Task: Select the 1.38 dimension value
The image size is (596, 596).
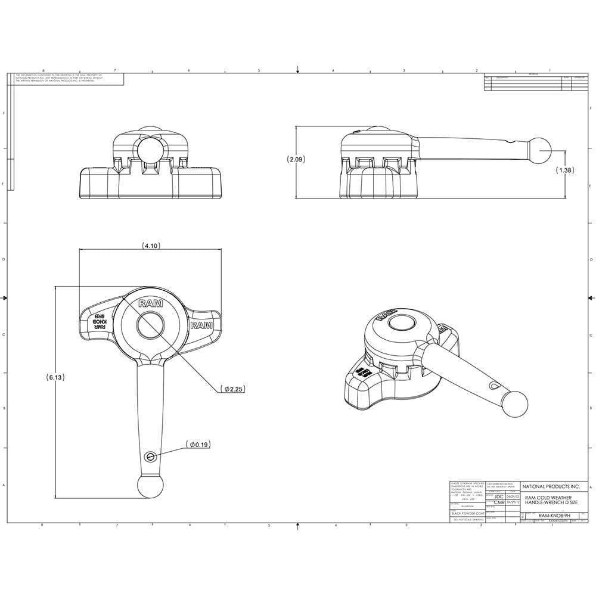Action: pyautogui.click(x=564, y=170)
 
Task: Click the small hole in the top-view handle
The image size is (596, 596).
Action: pyautogui.click(x=150, y=456)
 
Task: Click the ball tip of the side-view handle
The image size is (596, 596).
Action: pyautogui.click(x=541, y=151)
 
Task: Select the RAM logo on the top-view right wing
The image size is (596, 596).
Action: pyautogui.click(x=201, y=325)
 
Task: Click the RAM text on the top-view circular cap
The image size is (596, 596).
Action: pyautogui.click(x=150, y=303)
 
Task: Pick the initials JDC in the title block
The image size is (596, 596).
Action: pyautogui.click(x=499, y=496)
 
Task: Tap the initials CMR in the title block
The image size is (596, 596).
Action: pyautogui.click(x=499, y=502)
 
